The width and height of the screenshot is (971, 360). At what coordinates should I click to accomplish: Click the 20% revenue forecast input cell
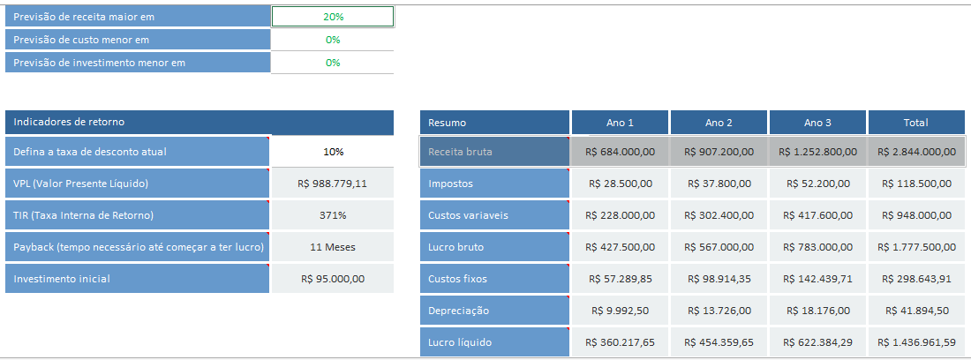point(333,17)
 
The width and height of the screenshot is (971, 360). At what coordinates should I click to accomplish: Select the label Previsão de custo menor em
point(138,40)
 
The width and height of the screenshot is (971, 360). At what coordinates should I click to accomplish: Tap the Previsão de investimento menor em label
point(138,63)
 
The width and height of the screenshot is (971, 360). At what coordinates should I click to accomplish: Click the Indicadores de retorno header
point(138,123)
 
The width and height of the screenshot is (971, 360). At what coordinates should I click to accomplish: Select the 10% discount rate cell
point(333,152)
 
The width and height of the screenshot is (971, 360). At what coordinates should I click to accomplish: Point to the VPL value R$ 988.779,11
point(333,184)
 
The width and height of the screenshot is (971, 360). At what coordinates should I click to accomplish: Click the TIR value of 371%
point(333,215)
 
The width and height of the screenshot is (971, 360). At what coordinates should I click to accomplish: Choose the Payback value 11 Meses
point(333,247)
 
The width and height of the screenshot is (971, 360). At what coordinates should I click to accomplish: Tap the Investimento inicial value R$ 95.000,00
point(333,279)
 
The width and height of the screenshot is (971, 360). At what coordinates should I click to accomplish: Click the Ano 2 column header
point(719,123)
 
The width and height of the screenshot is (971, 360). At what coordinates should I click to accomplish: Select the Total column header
point(915,123)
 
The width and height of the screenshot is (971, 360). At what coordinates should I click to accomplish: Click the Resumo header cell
point(494,123)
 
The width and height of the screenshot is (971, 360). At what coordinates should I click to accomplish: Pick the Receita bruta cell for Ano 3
point(817,152)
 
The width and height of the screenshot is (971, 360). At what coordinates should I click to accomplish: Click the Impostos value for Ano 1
point(620,184)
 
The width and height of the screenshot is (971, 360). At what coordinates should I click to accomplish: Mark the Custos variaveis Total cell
point(915,215)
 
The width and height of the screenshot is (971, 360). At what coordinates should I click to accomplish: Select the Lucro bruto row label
point(494,247)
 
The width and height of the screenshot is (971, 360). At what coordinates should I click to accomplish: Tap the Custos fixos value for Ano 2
point(719,279)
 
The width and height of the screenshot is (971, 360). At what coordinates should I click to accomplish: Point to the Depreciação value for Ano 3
point(817,311)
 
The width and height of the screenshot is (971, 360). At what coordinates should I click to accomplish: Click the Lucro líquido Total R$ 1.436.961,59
point(915,342)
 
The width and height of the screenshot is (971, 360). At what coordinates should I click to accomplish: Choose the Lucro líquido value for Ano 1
point(620,342)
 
